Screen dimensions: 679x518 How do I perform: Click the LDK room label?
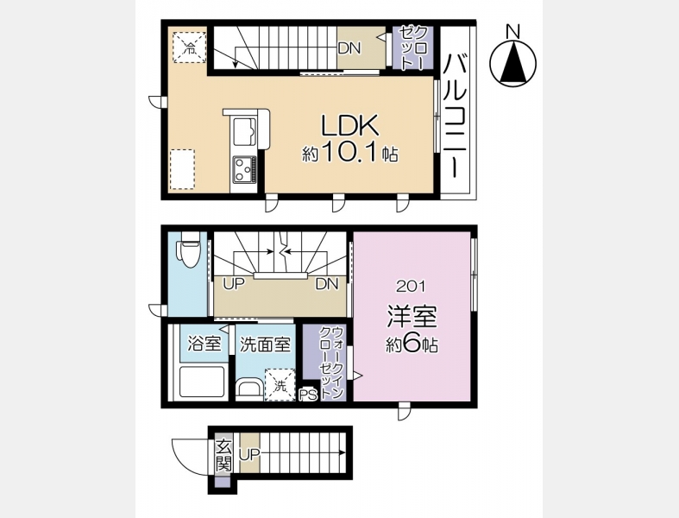pos(349,126)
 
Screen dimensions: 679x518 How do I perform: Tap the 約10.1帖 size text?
pos(350,153)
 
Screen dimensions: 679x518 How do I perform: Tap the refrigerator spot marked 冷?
pos(190,47)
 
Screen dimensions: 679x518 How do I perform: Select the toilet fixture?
pos(187,250)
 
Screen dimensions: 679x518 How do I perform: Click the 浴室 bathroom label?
pos(204,344)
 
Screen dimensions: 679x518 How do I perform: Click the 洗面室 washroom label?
pos(265,344)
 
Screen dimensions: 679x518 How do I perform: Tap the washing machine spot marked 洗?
pos(280,384)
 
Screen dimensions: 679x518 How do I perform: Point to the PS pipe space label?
pos(309,395)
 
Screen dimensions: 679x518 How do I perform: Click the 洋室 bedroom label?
pos(412,317)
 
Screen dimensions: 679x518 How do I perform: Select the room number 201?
pos(411,286)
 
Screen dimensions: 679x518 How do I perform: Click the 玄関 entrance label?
pos(223,456)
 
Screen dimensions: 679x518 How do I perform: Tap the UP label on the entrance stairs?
pos(250,454)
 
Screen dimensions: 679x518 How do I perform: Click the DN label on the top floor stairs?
pos(349,48)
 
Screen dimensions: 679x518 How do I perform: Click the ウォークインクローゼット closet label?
pos(331,363)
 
